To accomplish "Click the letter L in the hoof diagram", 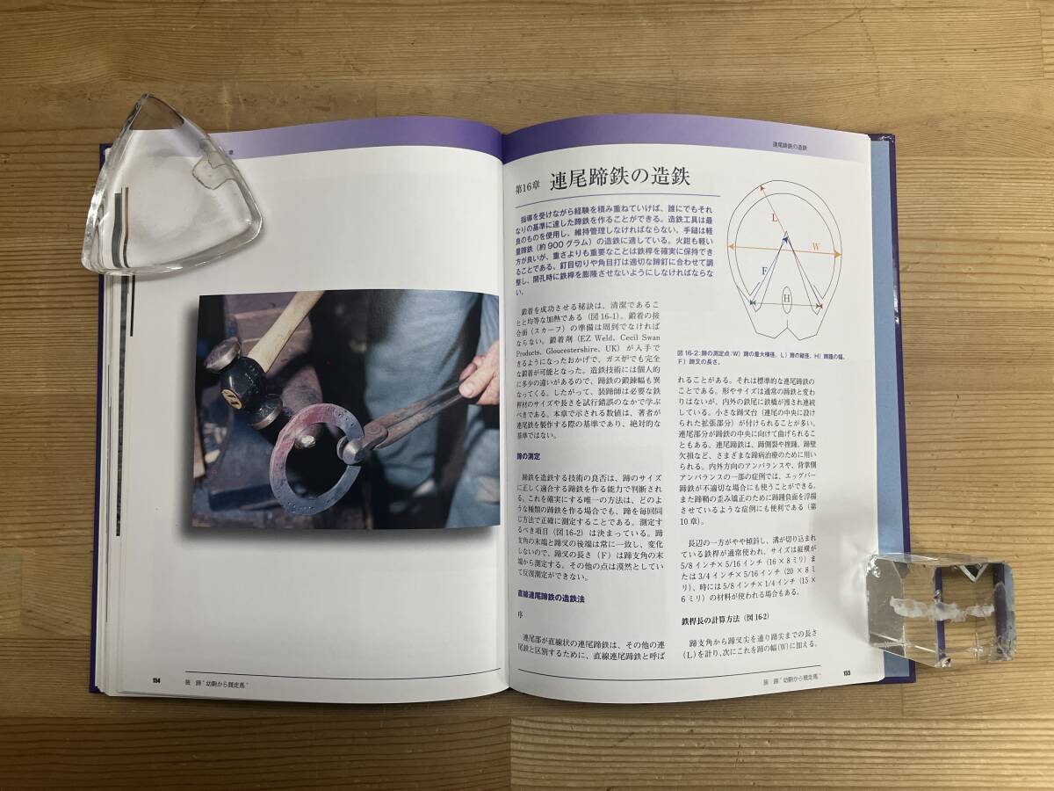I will click(x=774, y=217).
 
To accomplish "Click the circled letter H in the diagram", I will click(x=787, y=299).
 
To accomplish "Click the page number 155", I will click(x=846, y=672).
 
